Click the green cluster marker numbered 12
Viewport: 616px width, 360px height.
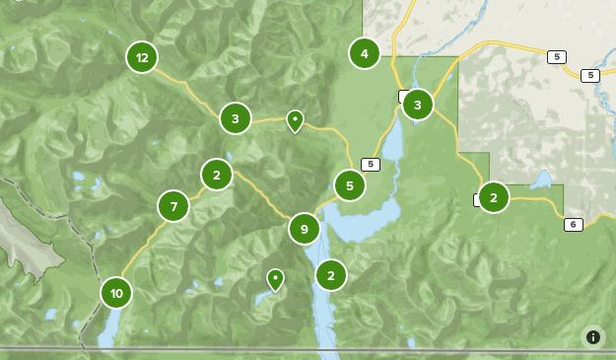(x=142, y=57)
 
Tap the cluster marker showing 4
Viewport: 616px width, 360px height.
(x=365, y=53)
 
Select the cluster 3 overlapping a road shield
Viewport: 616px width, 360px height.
(x=418, y=104)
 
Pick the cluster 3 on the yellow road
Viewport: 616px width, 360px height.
(x=235, y=119)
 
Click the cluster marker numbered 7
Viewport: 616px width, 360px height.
(x=173, y=206)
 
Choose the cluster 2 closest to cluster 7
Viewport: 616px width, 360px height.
(x=217, y=175)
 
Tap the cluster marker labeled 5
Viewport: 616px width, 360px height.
(x=350, y=184)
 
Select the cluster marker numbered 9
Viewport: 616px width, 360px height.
(x=305, y=229)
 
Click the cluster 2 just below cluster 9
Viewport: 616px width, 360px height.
(x=331, y=275)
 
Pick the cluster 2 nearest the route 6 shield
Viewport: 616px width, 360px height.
(x=494, y=197)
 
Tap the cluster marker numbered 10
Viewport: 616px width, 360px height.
(x=116, y=293)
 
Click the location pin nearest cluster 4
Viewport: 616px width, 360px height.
(x=295, y=120)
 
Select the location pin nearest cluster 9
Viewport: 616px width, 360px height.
(x=276, y=279)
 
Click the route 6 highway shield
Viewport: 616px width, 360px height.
(x=574, y=225)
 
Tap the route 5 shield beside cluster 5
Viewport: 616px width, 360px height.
(x=371, y=165)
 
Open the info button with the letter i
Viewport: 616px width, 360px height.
(x=592, y=337)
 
